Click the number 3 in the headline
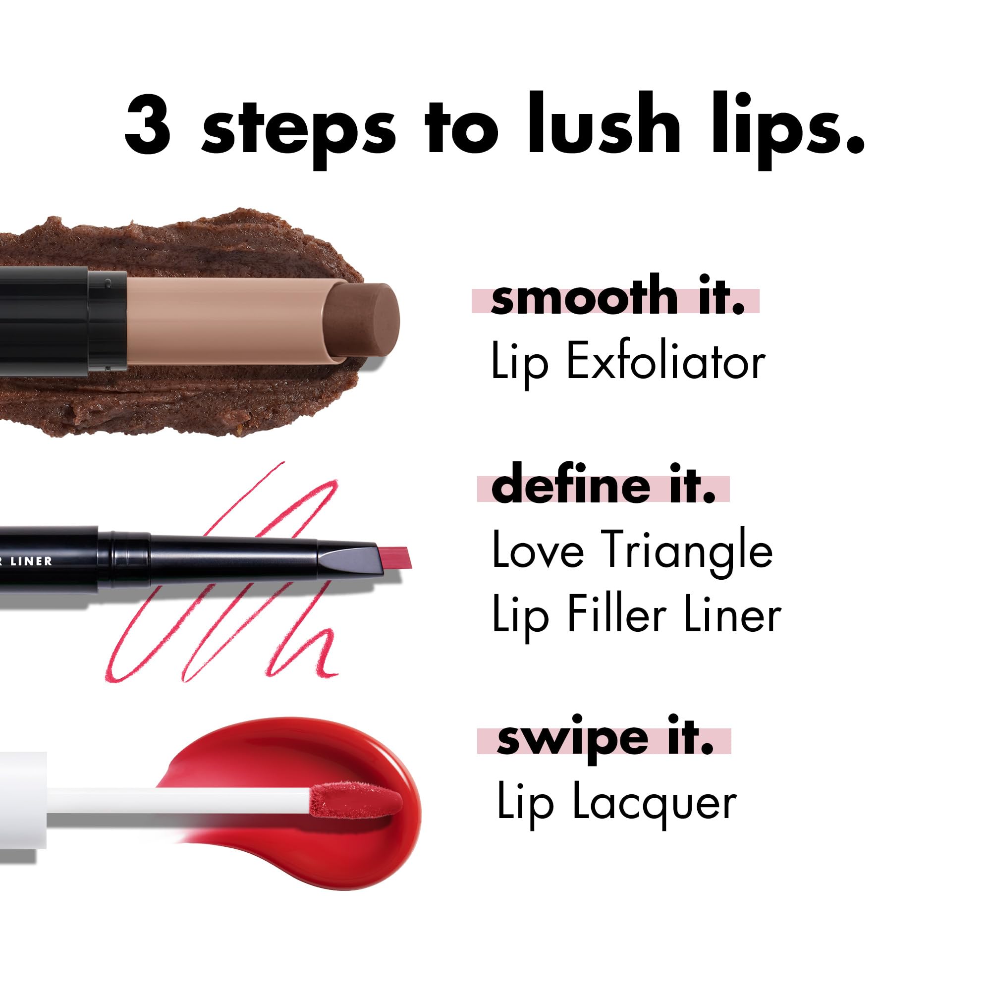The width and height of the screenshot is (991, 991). (x=147, y=125)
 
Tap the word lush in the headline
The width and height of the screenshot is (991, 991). (x=603, y=125)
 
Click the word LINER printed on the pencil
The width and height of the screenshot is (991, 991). (x=31, y=561)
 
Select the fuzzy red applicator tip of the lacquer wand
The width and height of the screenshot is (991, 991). (x=356, y=801)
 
